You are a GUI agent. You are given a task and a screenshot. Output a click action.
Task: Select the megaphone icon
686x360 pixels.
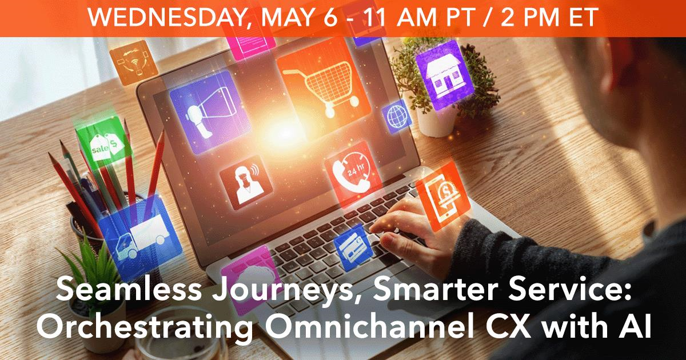211,113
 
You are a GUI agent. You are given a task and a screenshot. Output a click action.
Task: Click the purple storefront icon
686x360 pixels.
444,74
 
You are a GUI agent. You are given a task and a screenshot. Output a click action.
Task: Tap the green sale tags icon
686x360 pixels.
103,143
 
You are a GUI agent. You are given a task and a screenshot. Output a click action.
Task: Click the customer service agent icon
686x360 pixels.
246,183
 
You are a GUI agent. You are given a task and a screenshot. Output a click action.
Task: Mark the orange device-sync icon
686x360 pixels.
134,62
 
